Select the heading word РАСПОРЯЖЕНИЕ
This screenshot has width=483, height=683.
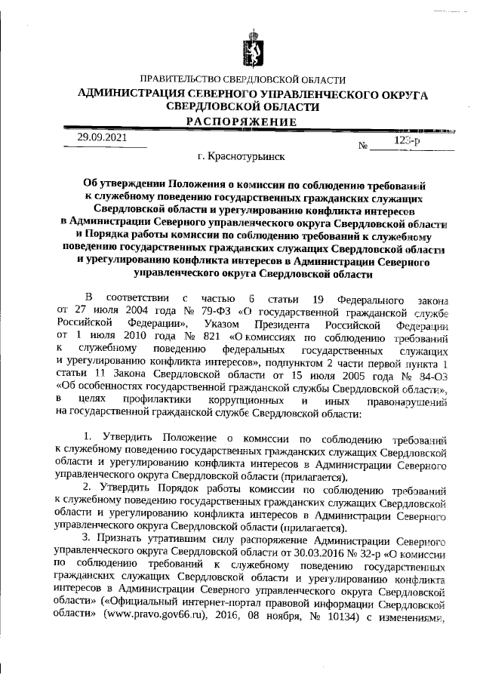242,122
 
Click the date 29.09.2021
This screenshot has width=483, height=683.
102,139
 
